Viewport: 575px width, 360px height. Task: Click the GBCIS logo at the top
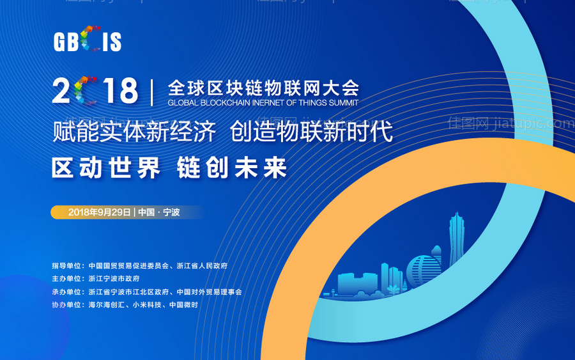[x=88, y=41]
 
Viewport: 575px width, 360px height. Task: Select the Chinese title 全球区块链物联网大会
[x=263, y=86]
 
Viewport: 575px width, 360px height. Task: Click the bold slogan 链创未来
[x=233, y=168]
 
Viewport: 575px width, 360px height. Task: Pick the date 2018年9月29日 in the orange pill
[x=100, y=212]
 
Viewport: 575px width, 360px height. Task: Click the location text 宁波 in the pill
[x=171, y=212]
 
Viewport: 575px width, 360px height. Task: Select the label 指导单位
[x=67, y=265]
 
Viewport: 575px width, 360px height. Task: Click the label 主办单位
[x=67, y=279]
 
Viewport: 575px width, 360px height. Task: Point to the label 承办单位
[x=67, y=292]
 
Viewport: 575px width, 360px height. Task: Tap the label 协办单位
[x=67, y=305]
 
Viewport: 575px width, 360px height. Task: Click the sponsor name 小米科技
[x=148, y=305]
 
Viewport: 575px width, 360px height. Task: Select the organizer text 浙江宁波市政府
[x=114, y=279]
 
